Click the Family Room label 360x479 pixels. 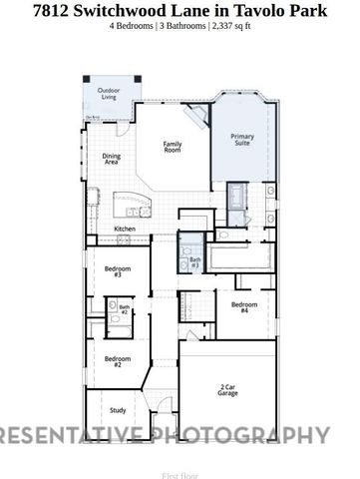[173, 147]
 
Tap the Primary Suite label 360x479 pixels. [241, 140]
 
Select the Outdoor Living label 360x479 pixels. [108, 94]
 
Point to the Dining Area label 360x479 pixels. [111, 159]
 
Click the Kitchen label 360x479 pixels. [125, 229]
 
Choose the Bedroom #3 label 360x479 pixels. [118, 271]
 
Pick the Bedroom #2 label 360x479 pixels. [118, 361]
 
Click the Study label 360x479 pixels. [117, 410]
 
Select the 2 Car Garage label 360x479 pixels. [228, 389]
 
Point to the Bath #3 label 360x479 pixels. [195, 263]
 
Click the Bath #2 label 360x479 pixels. [125, 309]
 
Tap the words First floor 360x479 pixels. [180, 464]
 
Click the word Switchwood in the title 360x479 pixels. [126, 10]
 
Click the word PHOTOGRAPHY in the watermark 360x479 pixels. [248, 434]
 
